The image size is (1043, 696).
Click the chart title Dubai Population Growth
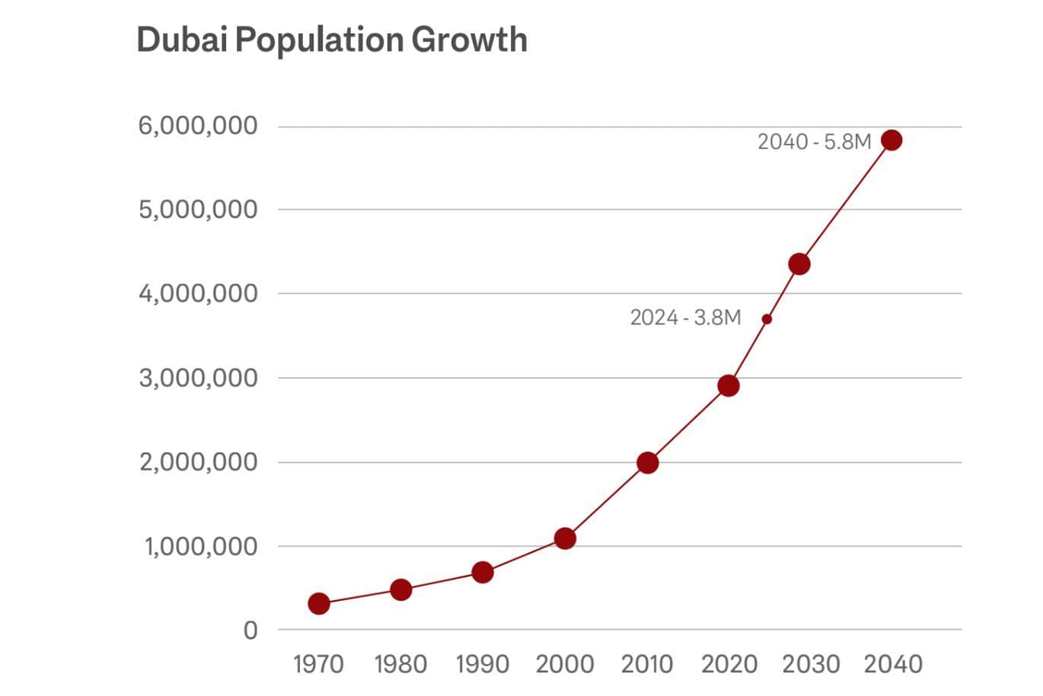[332, 40]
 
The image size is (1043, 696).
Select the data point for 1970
[319, 604]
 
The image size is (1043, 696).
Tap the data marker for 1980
[401, 589]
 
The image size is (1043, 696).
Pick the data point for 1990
[483, 573]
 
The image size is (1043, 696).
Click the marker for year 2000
[565, 538]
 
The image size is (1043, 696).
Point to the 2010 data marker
[648, 463]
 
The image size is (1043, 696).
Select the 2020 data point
[729, 386]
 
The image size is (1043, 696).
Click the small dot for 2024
[767, 319]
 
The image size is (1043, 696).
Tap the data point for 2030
[799, 264]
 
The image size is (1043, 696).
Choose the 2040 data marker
[891, 140]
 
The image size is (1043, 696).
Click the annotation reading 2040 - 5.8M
[814, 142]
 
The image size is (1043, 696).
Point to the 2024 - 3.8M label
[685, 318]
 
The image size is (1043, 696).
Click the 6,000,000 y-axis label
[198, 126]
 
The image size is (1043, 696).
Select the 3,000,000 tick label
[198, 378]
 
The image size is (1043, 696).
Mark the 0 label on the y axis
[250, 631]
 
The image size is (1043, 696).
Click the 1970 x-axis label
[318, 664]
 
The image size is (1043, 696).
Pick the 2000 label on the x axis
[565, 664]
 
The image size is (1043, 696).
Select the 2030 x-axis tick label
[811, 664]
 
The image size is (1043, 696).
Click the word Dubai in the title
[182, 40]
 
